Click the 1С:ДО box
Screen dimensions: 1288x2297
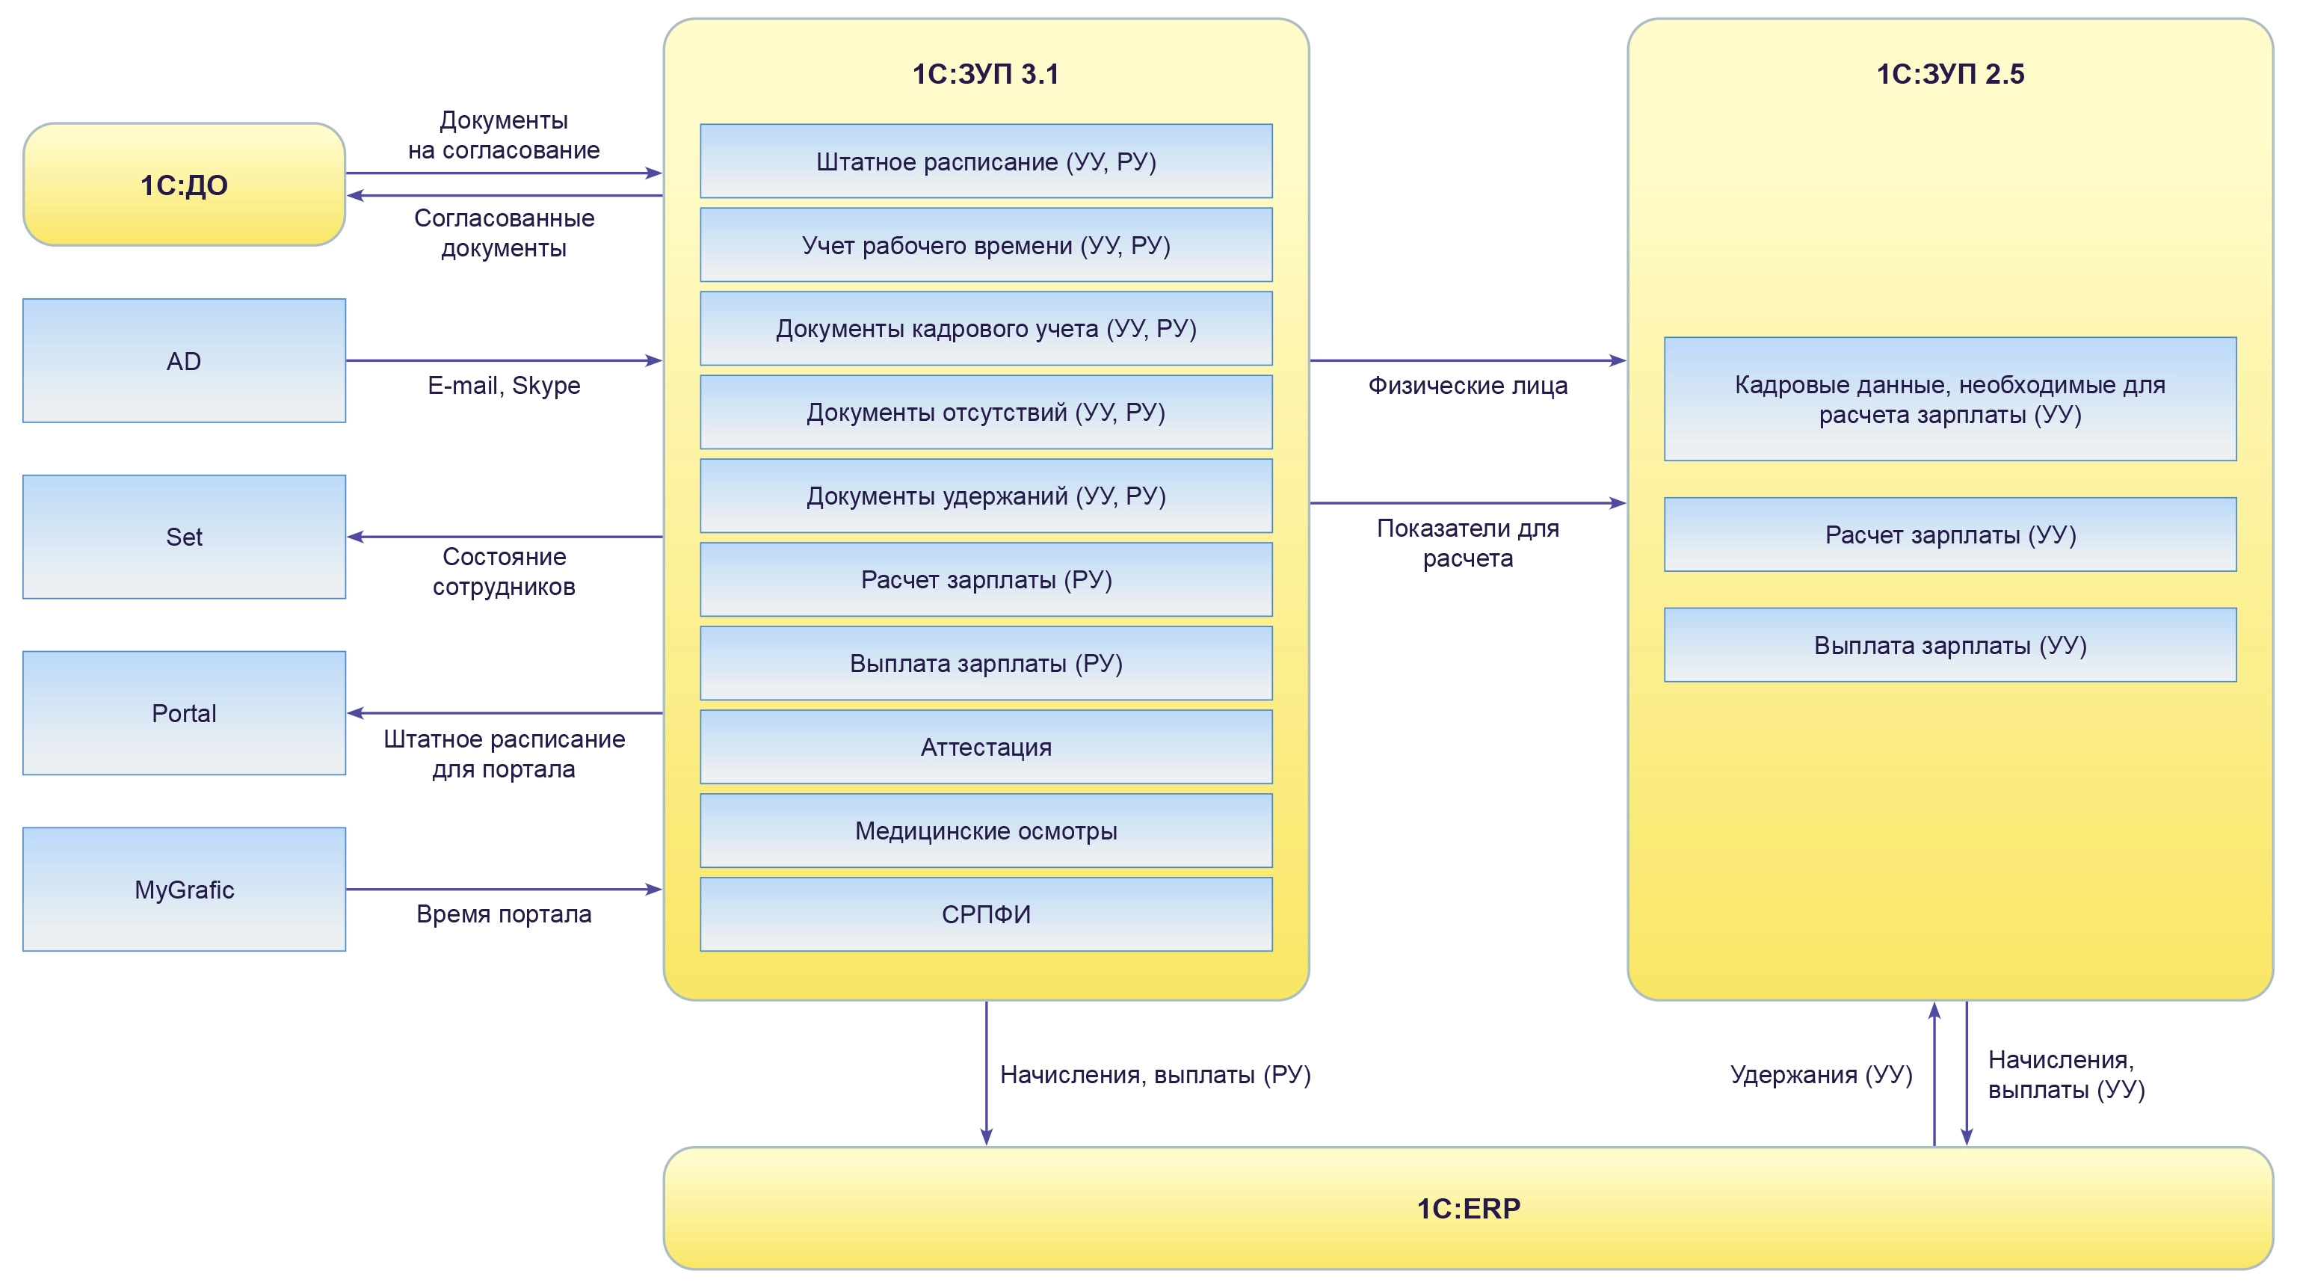pos(184,185)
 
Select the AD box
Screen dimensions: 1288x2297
pos(184,360)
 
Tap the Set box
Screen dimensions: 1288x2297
pos(184,536)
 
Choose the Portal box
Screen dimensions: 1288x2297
pos(184,712)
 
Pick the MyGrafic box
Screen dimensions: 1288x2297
pos(184,890)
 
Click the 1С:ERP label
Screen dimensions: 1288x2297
pos(1468,1209)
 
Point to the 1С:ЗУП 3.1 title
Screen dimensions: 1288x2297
pos(985,74)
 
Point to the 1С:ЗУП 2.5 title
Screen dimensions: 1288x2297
pos(1950,74)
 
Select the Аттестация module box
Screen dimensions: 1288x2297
pos(985,747)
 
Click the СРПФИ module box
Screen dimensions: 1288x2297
pos(985,914)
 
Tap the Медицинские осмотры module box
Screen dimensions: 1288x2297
pos(985,831)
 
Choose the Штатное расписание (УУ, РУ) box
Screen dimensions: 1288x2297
pos(985,161)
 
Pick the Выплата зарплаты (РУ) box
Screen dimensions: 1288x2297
pos(985,663)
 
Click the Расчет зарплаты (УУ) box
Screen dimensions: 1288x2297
pos(1950,534)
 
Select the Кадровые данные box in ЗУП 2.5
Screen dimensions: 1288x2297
pos(1950,398)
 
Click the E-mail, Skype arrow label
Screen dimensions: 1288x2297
pos(504,385)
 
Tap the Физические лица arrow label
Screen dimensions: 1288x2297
pos(1468,385)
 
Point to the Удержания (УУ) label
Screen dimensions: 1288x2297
pos(1821,1075)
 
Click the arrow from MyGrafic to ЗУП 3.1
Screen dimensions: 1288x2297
pos(504,890)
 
